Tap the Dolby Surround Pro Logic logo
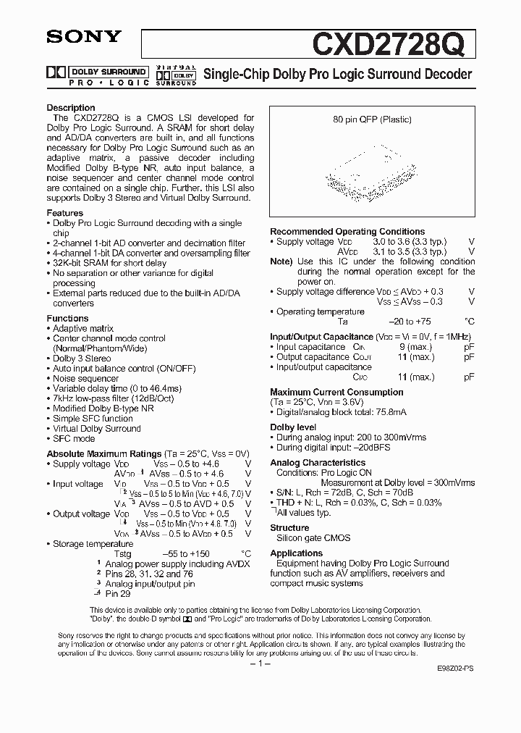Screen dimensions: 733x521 (x=98, y=75)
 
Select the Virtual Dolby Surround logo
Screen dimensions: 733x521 (x=176, y=75)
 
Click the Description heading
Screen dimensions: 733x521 (x=71, y=108)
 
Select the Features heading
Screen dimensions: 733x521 (x=65, y=214)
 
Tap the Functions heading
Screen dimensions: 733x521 (x=67, y=319)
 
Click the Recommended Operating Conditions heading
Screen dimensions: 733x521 (x=347, y=232)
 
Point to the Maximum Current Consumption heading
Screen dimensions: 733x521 (x=336, y=392)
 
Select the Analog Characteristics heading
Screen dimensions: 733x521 (x=318, y=462)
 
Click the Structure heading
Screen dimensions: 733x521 (x=289, y=528)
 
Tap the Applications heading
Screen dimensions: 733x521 (x=296, y=553)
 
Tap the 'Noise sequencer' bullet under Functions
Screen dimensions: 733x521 (x=85, y=378)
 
